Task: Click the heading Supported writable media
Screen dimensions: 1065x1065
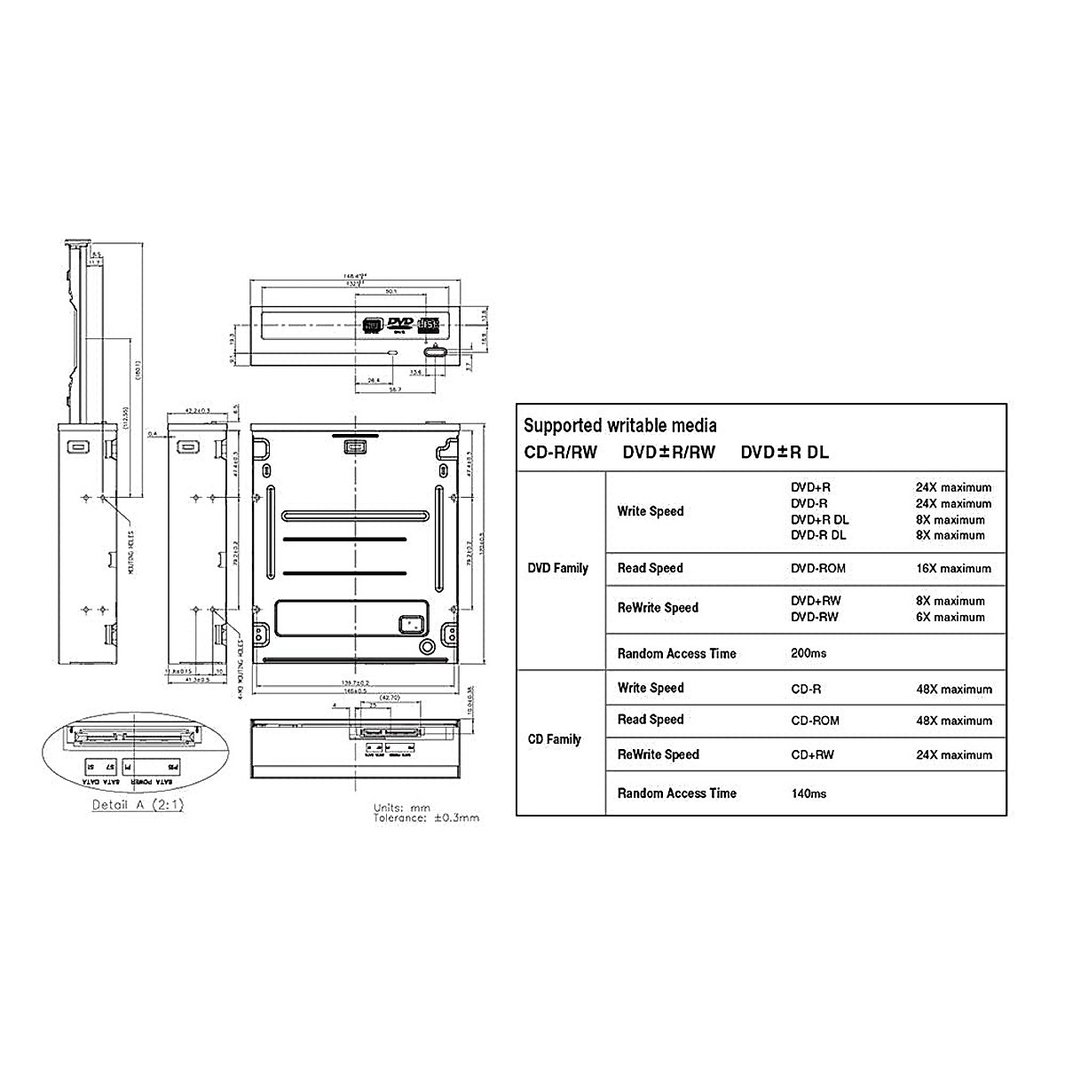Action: pos(619,426)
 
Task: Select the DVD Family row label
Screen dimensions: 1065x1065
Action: pos(557,568)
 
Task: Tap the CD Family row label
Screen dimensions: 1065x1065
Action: pos(554,739)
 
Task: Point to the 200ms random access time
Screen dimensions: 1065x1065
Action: pos(809,654)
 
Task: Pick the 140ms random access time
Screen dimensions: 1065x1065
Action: pos(809,793)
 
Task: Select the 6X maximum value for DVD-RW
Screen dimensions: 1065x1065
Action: pos(950,617)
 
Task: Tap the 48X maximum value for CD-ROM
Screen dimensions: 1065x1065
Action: pos(953,721)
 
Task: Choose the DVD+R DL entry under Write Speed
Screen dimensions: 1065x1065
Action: pos(819,520)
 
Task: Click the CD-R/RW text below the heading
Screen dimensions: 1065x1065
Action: pos(561,453)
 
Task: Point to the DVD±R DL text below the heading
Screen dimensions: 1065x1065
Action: pos(785,453)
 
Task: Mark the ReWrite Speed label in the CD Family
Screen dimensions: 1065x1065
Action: pos(658,755)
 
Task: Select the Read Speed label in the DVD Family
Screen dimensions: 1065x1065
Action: pos(650,569)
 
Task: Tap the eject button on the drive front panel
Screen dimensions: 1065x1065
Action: pos(435,353)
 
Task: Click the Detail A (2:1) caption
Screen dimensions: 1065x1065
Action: pos(138,806)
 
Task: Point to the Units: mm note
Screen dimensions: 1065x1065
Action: pos(401,808)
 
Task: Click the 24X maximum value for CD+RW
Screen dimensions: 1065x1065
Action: pos(953,755)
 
